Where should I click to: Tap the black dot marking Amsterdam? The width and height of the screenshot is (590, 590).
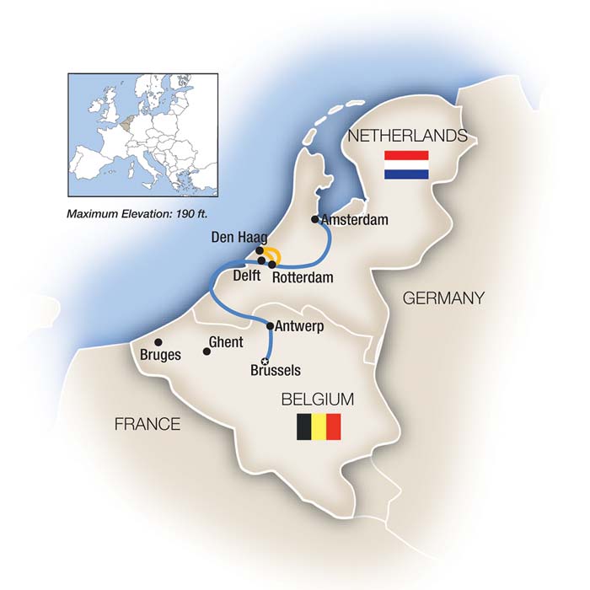(x=315, y=220)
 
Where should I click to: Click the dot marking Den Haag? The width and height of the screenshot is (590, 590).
(x=260, y=250)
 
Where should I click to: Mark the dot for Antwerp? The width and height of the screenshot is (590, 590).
(x=270, y=325)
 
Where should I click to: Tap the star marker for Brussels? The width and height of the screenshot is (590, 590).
(x=267, y=361)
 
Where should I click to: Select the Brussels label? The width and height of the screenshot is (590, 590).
(x=276, y=370)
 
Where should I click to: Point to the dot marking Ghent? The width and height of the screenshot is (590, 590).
(x=207, y=351)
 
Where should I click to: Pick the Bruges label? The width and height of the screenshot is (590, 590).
(x=161, y=355)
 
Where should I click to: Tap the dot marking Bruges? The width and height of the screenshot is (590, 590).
(x=158, y=341)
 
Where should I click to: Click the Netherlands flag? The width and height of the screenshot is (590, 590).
(x=406, y=164)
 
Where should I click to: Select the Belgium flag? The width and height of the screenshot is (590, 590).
(x=318, y=427)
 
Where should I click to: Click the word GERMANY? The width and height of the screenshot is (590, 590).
(x=443, y=298)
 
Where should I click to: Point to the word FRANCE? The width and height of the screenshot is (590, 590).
(x=147, y=423)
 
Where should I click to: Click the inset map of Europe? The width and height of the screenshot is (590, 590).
(x=142, y=134)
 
